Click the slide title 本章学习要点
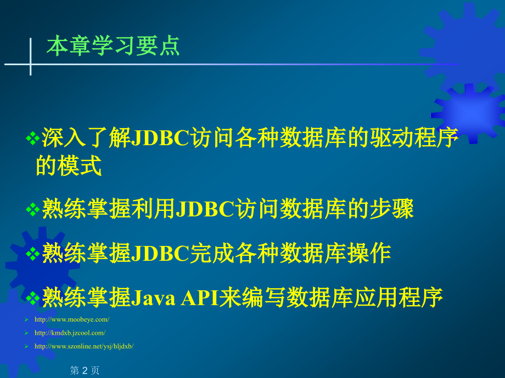coord(113,46)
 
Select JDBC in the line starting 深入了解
coord(160,138)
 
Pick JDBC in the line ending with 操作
coord(160,253)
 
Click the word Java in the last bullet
coord(153,297)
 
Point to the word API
coord(199,297)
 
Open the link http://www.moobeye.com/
coord(72,319)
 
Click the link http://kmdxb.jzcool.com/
coord(70,333)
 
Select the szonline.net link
coord(84,346)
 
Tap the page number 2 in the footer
coord(85,370)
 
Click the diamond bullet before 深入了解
coord(32,139)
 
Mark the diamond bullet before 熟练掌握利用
coord(32,210)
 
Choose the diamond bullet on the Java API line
coord(32,299)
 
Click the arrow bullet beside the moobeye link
coord(26,319)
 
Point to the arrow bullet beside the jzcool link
coord(26,333)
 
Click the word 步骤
coord(391,209)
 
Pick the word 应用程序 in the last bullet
coord(399,297)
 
